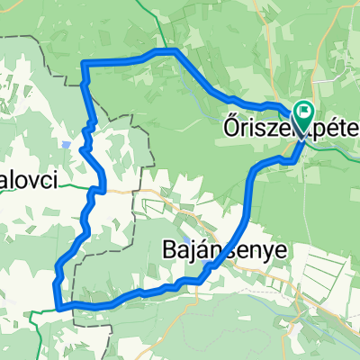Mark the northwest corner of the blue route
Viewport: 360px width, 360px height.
pyautogui.click(x=84, y=62)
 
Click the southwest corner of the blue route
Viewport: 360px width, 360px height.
pyautogui.click(x=59, y=306)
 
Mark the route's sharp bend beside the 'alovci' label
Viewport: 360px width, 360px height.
pyautogui.click(x=96, y=190)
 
